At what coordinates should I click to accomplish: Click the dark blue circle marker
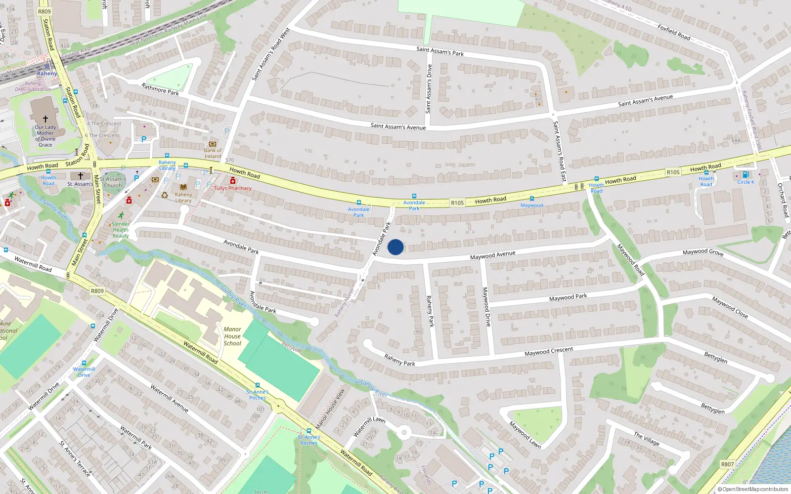click(395, 247)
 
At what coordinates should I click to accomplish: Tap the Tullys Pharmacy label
click(233, 188)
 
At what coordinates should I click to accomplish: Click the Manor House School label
click(232, 336)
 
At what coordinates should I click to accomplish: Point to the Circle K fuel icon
click(746, 174)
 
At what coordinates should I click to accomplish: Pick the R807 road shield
click(727, 464)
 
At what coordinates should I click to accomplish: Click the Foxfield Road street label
click(674, 32)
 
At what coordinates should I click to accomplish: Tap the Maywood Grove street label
click(703, 252)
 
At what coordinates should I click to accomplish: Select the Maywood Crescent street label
click(549, 352)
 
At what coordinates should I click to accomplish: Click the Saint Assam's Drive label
click(429, 89)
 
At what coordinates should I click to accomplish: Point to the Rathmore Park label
click(160, 89)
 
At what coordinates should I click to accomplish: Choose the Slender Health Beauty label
click(121, 230)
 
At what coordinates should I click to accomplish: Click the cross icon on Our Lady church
click(45, 119)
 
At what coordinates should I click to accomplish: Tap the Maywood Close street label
click(730, 307)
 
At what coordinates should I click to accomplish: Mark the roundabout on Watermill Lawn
click(404, 433)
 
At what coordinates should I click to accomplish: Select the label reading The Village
click(646, 439)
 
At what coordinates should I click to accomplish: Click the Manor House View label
click(330, 409)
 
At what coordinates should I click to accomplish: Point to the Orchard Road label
click(783, 200)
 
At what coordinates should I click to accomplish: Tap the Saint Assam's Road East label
click(559, 151)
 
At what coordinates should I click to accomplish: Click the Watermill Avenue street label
click(169, 398)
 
